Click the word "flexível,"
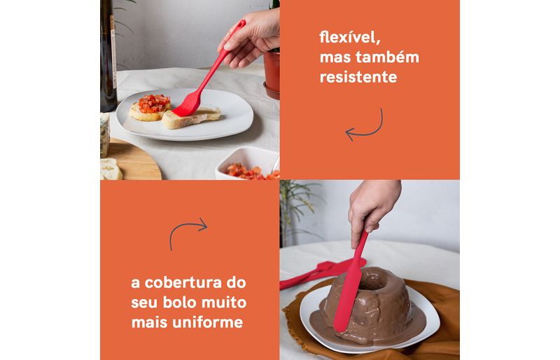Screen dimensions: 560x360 point(349,37)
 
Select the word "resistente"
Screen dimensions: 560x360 point(358,77)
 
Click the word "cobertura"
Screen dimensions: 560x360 point(183,283)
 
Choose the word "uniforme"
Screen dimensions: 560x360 point(207,322)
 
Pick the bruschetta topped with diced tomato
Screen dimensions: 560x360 point(150,107)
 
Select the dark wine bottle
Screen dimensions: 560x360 point(108,55)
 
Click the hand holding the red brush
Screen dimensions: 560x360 point(252,38)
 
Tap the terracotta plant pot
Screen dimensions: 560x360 point(272,74)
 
